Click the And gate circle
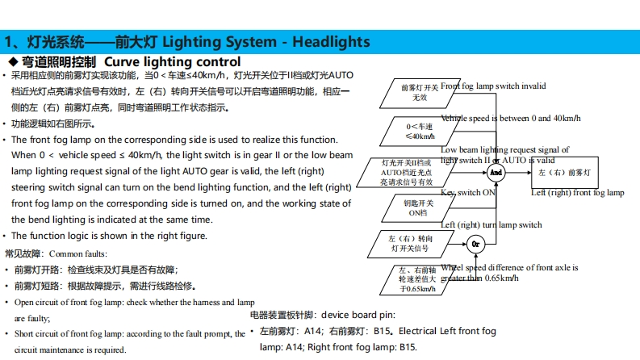pyautogui.click(x=496, y=173)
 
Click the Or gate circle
pyautogui.click(x=475, y=244)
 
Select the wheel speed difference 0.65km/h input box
pyautogui.click(x=409, y=279)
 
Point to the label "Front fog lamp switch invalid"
pyautogui.click(x=493, y=86)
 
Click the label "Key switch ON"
pyautogui.click(x=467, y=193)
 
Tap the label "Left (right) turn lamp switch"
pyautogui.click(x=492, y=224)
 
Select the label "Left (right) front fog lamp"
pyautogui.click(x=577, y=193)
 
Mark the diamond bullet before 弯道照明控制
pyautogui.click(x=12, y=61)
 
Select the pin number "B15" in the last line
pyautogui.click(x=408, y=347)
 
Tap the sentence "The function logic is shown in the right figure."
pyautogui.click(x=109, y=236)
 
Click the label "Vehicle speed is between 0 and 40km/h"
pyautogui.click(x=511, y=118)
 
